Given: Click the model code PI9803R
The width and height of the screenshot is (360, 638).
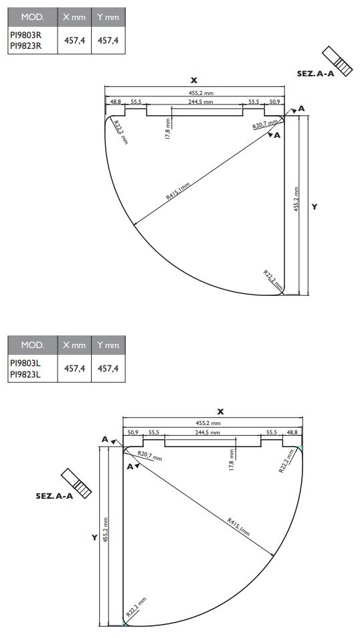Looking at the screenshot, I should point(26,35).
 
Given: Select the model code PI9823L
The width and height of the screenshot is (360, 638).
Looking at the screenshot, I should point(26,375).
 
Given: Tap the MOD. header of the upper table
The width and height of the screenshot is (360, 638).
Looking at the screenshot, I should point(32,17).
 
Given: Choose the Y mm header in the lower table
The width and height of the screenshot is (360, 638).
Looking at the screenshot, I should point(108,345).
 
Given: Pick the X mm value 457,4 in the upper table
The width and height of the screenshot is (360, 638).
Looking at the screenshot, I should point(74,40).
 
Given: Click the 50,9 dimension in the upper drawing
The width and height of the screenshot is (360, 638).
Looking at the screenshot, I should point(275,102).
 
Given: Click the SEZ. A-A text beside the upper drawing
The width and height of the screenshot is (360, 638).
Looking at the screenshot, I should point(315,74).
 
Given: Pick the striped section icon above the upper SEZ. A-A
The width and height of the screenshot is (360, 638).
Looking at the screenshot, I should point(337,60).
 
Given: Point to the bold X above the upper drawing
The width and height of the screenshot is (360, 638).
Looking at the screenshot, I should point(194,80).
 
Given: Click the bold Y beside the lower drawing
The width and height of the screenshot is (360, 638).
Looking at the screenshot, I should point(95,538).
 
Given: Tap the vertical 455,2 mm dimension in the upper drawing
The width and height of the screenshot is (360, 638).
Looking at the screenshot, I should point(296,200).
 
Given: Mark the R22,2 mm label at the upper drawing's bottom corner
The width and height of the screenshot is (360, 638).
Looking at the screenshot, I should point(272,278).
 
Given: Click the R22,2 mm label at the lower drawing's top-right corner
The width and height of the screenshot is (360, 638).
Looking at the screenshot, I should point(286,461).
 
